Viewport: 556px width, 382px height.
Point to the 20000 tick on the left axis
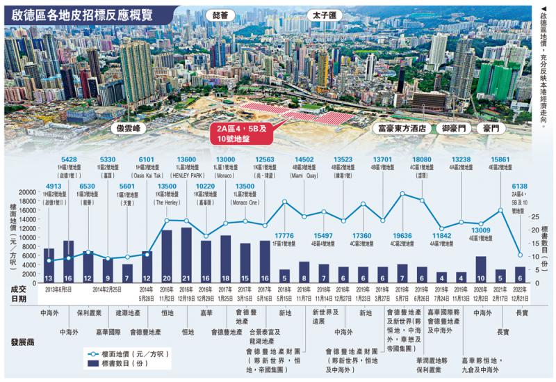pyautogui.click(x=26, y=192)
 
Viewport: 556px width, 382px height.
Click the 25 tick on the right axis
pyautogui.click(x=534, y=216)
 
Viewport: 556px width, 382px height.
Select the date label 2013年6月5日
pyautogui.click(x=59, y=289)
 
